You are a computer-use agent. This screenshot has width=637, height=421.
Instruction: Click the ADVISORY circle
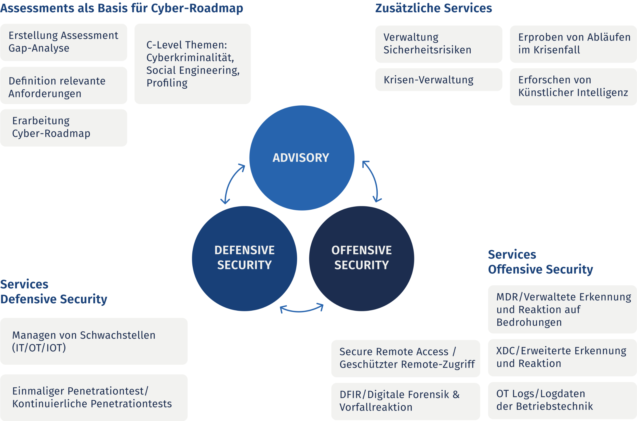click(x=302, y=158)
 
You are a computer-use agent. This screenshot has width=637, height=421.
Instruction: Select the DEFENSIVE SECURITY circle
click(x=244, y=258)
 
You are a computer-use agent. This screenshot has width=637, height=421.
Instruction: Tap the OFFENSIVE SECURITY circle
click(x=362, y=258)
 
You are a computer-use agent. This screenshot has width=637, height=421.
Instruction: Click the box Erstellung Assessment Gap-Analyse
click(x=64, y=42)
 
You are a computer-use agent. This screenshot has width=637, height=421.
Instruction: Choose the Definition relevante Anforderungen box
click(x=64, y=85)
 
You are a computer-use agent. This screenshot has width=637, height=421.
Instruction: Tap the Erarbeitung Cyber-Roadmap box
click(x=64, y=128)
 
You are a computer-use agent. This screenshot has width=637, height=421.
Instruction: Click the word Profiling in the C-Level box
click(x=167, y=83)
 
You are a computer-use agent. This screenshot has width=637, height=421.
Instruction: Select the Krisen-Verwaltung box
click(x=438, y=80)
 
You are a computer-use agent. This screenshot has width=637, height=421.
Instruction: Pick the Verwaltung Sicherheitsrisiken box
click(x=438, y=44)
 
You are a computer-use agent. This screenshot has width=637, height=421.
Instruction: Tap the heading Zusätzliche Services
click(x=433, y=8)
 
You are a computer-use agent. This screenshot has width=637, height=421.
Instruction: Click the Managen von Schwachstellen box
click(x=94, y=341)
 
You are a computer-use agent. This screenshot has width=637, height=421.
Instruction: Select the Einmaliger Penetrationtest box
click(x=94, y=397)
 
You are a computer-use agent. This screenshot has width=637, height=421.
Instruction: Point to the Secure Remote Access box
click(x=405, y=358)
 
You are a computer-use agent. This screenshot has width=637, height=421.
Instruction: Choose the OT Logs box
click(x=562, y=400)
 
